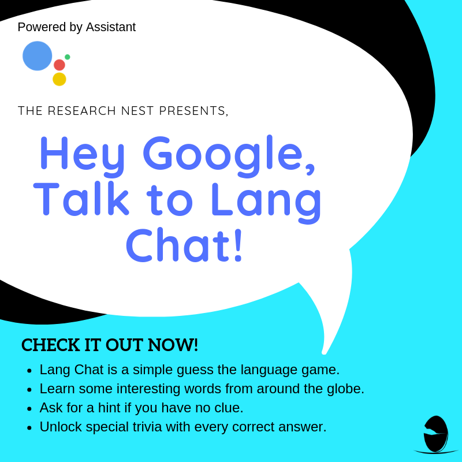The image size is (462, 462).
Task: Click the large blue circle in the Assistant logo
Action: pos(38,56)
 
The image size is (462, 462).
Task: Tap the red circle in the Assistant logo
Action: pos(59,65)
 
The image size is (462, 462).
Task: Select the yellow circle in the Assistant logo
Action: pos(59,79)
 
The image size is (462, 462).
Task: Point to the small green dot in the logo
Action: pos(67,57)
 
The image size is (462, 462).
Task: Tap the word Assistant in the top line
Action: pos(111,27)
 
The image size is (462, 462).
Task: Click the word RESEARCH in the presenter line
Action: pos(81,111)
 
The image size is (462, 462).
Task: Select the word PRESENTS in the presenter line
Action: pos(192,111)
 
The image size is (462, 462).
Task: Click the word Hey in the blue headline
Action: pos(83,156)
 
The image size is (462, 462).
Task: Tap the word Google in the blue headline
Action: pos(226,156)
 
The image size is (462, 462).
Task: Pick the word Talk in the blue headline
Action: pos(81,199)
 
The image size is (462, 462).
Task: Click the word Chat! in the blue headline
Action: pos(184,245)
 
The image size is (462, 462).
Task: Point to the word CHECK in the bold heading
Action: pos(51,345)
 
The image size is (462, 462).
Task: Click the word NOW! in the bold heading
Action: pos(173,345)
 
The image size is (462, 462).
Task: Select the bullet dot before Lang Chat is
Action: pos(29,371)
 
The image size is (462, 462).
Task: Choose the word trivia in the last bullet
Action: pos(147,427)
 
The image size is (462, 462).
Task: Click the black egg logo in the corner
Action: pos(435,434)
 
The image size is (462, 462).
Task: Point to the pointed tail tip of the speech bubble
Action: pos(324,353)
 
